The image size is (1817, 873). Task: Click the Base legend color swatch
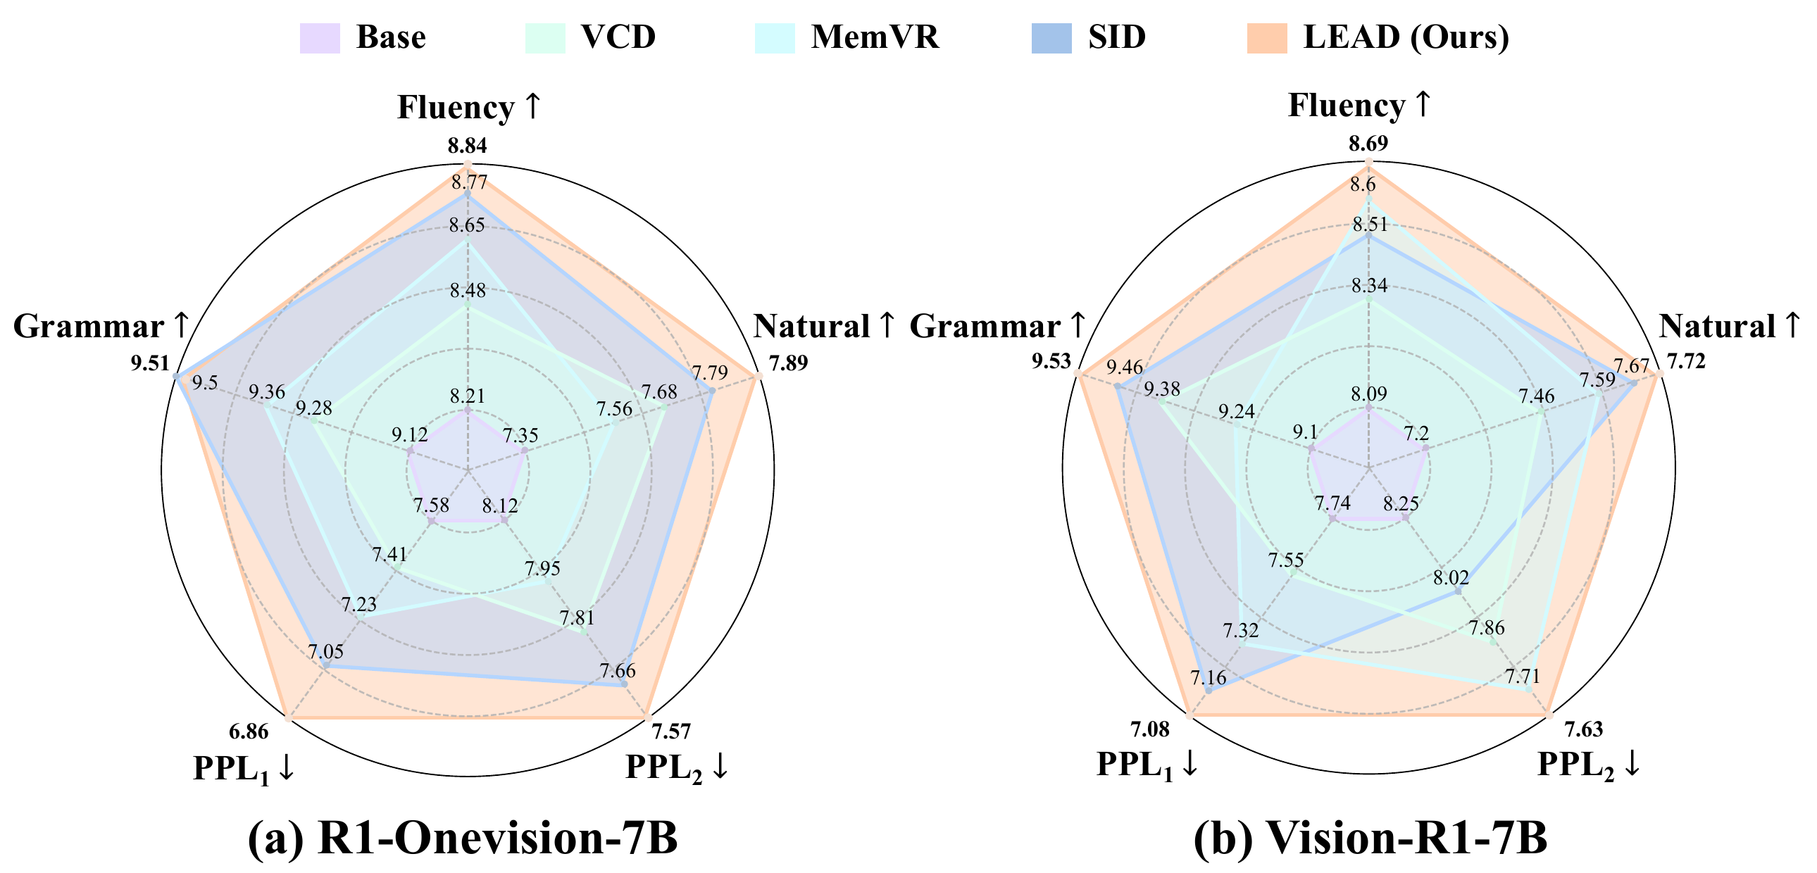pyautogui.click(x=320, y=38)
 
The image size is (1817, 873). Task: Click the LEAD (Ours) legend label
pyautogui.click(x=1406, y=37)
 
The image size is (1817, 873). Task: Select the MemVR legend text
pyautogui.click(x=875, y=37)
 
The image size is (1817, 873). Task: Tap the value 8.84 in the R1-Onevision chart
pyautogui.click(x=467, y=146)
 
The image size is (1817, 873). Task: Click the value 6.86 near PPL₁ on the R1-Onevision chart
pyautogui.click(x=249, y=731)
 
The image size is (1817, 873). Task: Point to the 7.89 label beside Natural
pyautogui.click(x=788, y=364)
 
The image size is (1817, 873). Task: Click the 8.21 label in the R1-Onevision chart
pyautogui.click(x=468, y=396)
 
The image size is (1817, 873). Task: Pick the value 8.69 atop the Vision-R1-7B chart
pyautogui.click(x=1368, y=144)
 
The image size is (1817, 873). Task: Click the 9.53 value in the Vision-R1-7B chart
pyautogui.click(x=1051, y=362)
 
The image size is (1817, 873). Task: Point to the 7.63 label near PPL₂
pyautogui.click(x=1583, y=729)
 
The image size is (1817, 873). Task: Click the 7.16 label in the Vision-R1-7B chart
pyautogui.click(x=1209, y=678)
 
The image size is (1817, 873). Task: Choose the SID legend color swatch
pyautogui.click(x=1051, y=38)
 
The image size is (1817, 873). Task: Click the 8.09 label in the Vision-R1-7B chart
pyautogui.click(x=1369, y=394)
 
